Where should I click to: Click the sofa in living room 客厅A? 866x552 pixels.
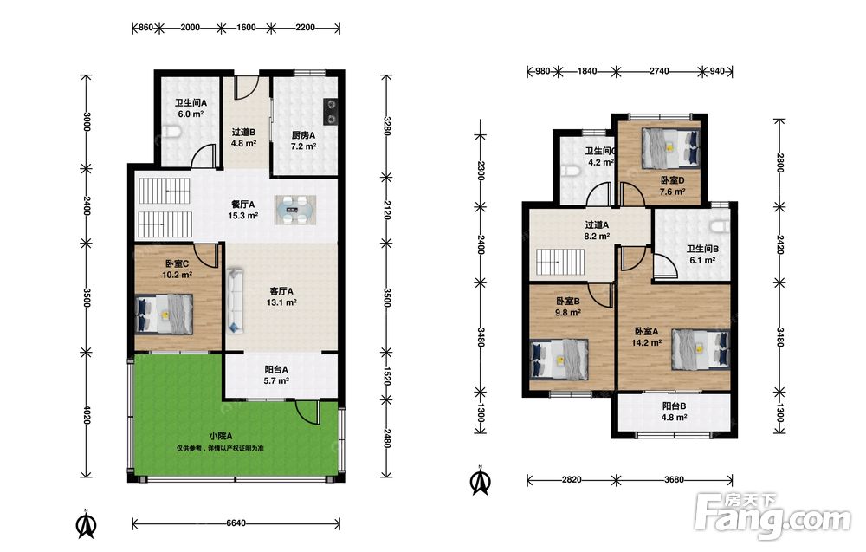tap(235, 301)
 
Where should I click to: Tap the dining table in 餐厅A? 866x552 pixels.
tap(295, 210)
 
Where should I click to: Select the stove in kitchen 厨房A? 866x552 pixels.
tap(331, 111)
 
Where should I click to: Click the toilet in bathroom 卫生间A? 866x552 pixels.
tap(172, 133)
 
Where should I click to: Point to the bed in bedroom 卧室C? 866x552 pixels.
tap(165, 314)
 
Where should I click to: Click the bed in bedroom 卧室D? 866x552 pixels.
tap(670, 148)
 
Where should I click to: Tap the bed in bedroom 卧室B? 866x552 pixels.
tap(559, 359)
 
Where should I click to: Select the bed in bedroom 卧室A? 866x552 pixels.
tap(701, 349)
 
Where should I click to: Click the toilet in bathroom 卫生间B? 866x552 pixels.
tap(721, 227)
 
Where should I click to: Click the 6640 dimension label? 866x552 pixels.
tap(236, 523)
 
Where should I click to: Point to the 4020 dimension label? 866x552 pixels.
tap(86, 415)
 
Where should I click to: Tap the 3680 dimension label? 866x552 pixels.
tap(674, 479)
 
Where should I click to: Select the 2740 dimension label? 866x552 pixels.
tap(659, 71)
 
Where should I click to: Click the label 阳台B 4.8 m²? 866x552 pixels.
tap(675, 412)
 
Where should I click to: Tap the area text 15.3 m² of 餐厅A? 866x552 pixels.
tap(243, 216)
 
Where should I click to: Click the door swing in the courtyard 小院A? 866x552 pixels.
tap(307, 412)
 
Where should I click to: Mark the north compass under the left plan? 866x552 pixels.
tap(86, 525)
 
